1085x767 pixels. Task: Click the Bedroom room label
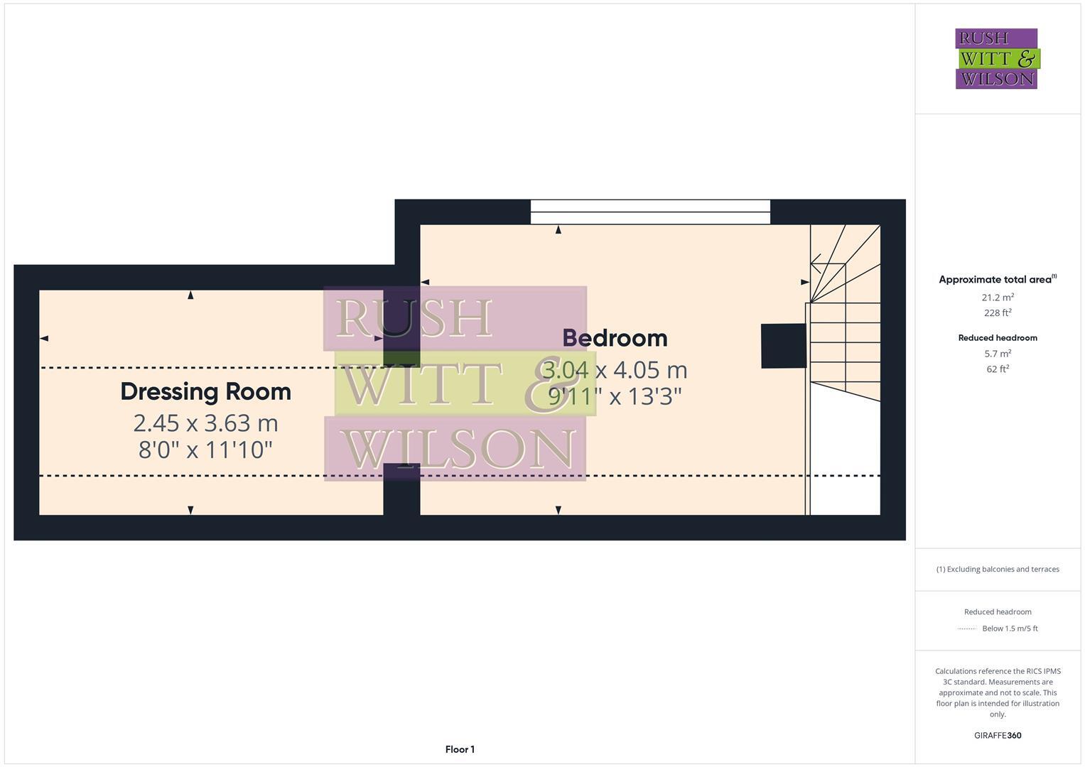(615, 338)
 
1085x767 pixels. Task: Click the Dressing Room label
(205, 391)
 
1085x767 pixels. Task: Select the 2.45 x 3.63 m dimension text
(205, 423)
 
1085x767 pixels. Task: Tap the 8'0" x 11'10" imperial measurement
(205, 450)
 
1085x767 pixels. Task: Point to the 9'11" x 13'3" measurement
(615, 396)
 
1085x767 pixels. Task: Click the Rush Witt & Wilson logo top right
(996, 59)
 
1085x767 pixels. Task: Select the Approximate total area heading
(997, 280)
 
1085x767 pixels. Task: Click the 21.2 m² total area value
(998, 298)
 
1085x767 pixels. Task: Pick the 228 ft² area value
(998, 313)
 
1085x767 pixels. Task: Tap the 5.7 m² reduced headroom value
(998, 354)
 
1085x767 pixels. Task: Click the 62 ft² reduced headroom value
(998, 369)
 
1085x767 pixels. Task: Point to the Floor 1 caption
(460, 749)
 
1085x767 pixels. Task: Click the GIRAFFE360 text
(998, 736)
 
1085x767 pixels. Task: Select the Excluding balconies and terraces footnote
(998, 569)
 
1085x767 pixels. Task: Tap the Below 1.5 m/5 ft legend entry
(1010, 629)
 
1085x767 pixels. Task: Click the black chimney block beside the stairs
(783, 346)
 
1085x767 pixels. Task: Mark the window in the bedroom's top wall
(650, 212)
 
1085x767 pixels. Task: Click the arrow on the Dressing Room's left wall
(44, 338)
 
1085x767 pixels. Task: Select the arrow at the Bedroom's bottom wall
(558, 510)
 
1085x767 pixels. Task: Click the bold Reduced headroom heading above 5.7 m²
(998, 338)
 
